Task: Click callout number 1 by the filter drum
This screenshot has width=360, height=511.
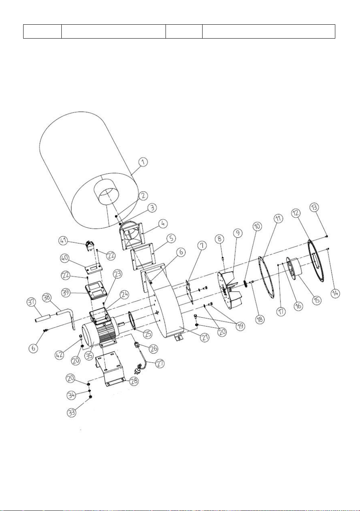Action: pos(143,162)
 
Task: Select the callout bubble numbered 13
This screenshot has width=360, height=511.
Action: pos(314,207)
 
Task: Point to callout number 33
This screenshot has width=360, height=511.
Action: pos(72,413)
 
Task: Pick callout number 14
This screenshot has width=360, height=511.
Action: pos(335,293)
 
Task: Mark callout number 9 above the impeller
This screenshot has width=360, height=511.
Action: pos(238,233)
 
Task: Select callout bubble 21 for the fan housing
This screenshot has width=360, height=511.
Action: pos(205,337)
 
